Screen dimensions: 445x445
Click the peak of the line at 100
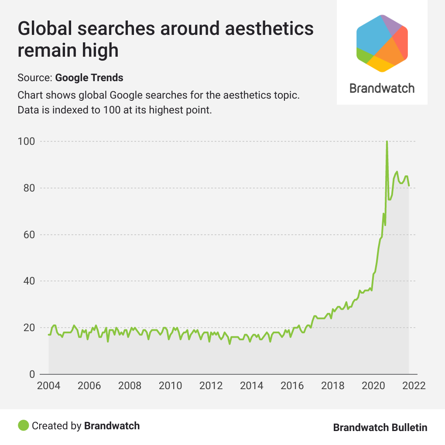[x=387, y=142]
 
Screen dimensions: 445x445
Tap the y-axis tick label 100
[x=26, y=142]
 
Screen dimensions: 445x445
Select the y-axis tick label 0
[x=31, y=374]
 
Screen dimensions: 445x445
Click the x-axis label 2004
[x=48, y=386]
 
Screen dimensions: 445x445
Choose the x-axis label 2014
[x=252, y=386]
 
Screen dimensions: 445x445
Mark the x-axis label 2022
[x=414, y=386]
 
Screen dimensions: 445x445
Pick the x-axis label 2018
[x=333, y=386]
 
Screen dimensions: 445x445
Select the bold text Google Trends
[x=89, y=78]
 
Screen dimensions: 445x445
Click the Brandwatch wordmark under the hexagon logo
[x=382, y=88]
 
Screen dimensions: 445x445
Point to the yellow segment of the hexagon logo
[x=380, y=65]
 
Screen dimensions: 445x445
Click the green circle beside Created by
[x=24, y=425]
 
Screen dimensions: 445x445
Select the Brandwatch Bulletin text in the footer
[x=380, y=428]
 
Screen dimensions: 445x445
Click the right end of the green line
[x=409, y=186]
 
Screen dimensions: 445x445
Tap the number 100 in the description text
[x=111, y=110]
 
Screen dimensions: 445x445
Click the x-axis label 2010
[x=171, y=386]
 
